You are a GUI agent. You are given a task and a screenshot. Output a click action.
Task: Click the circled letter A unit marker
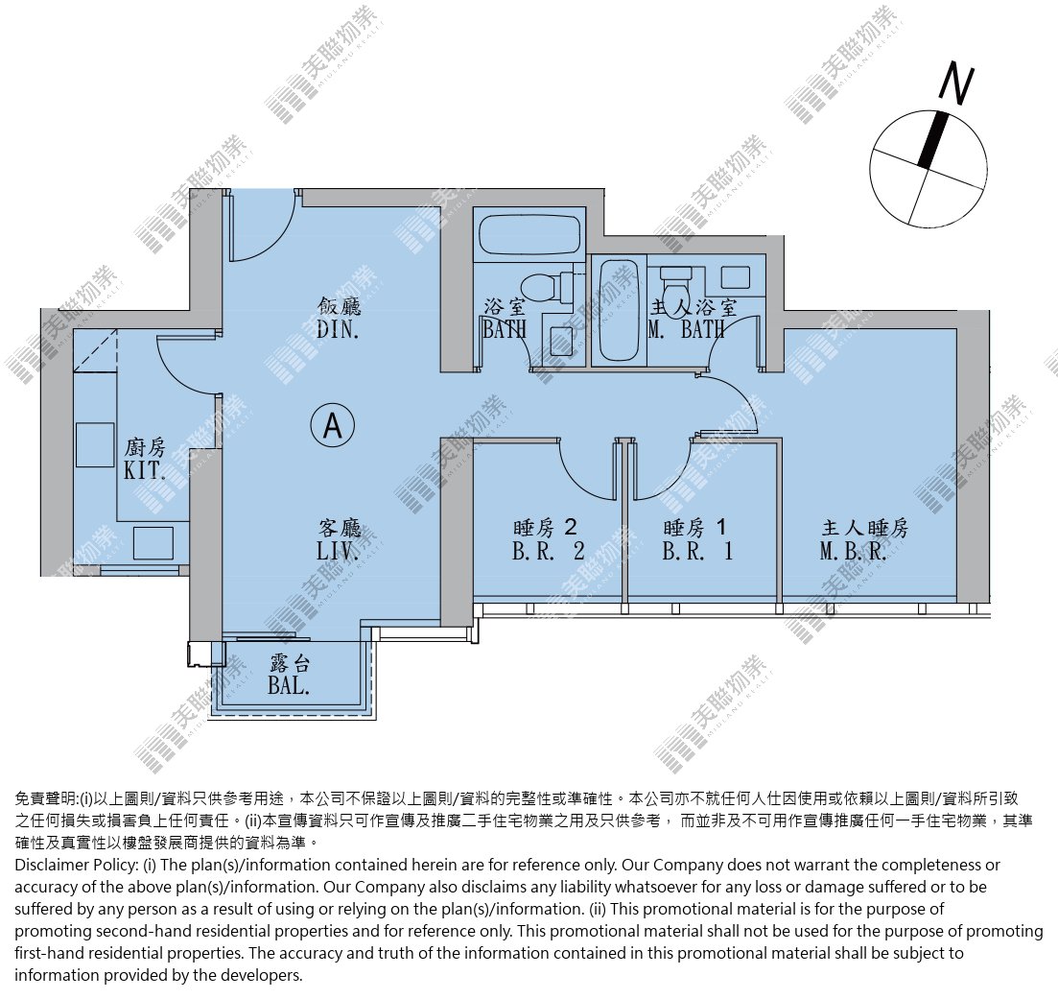click(x=333, y=425)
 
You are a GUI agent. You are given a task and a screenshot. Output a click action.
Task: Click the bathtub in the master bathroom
click(x=619, y=311)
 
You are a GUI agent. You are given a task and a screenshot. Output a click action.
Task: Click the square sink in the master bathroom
click(x=736, y=277)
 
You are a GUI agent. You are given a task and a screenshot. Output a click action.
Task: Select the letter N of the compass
click(x=956, y=83)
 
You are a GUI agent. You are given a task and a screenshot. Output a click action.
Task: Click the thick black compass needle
click(x=933, y=140)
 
